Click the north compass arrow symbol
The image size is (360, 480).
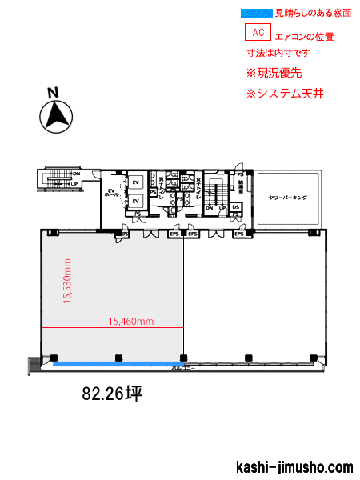(x=55, y=117)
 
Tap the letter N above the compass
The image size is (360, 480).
(x=54, y=92)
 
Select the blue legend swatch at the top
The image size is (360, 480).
(x=256, y=13)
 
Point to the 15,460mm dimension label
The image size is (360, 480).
(x=130, y=321)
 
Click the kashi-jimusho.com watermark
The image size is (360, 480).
(x=295, y=467)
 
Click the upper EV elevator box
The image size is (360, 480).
(x=136, y=182)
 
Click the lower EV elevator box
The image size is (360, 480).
(x=136, y=201)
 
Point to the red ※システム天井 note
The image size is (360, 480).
(x=285, y=94)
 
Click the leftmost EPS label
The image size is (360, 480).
(x=125, y=234)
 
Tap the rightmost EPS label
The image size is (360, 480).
(x=238, y=234)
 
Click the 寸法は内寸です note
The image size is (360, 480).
(x=278, y=53)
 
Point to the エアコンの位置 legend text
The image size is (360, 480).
(x=304, y=36)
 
